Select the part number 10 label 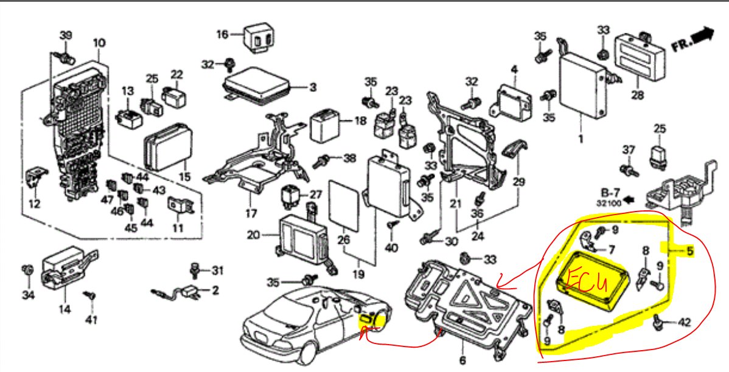coord(99,43)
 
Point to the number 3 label coord(312,88)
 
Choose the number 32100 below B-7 coord(609,204)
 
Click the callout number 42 coord(684,323)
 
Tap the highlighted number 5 coord(689,251)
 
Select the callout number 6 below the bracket coord(462,361)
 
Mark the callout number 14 coord(65,309)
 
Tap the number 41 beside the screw coord(91,319)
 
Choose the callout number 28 coord(637,95)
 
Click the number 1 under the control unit coord(581,139)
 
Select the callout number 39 coord(65,35)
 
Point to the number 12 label coord(34,204)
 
